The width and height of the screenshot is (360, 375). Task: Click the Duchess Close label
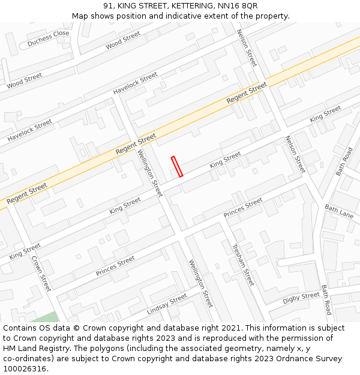[48, 38]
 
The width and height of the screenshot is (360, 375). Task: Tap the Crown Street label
[41, 274]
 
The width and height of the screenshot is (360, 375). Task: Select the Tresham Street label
[244, 264]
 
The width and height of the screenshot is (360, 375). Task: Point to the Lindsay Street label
[167, 305]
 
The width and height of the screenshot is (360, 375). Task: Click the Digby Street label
[301, 298]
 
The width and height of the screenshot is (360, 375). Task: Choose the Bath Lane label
[339, 211]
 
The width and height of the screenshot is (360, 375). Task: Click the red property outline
[177, 166]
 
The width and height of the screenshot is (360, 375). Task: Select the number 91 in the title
[107, 5]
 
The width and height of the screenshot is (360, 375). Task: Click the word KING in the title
[128, 5]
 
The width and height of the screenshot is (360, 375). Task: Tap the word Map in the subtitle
[80, 16]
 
